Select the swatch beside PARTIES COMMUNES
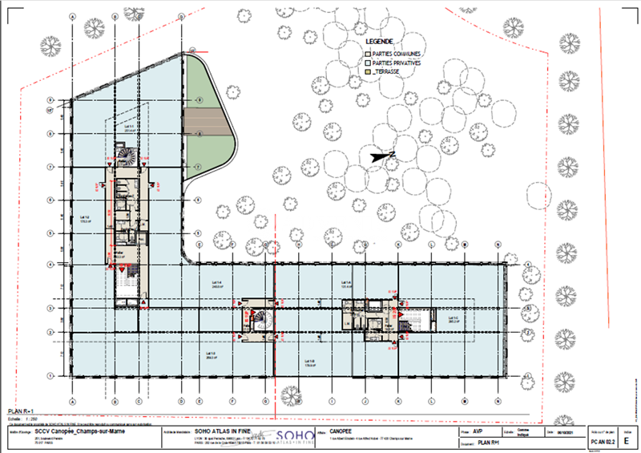[367, 53]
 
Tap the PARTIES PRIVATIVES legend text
[396, 62]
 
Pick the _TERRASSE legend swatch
[367, 71]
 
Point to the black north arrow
[377, 156]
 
